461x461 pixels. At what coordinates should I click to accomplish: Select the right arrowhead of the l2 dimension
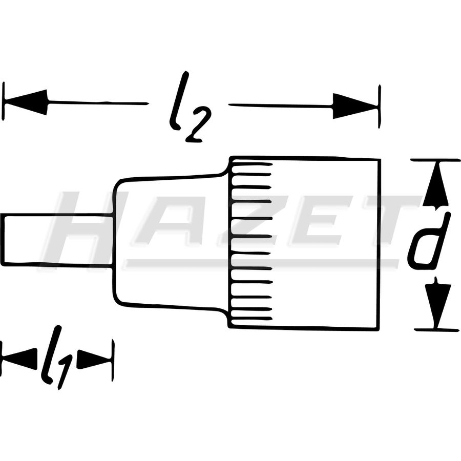click(355, 106)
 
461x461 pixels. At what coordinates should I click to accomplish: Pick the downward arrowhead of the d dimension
click(438, 303)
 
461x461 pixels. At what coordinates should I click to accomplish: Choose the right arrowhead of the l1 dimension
click(94, 359)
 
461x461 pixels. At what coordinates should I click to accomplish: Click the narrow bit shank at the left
click(57, 240)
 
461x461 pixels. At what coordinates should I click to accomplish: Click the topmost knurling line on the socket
click(252, 164)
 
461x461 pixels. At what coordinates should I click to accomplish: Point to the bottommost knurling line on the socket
click(252, 319)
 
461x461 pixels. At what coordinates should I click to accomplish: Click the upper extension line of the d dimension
click(435, 160)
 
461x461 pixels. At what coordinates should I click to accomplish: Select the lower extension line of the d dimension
click(437, 330)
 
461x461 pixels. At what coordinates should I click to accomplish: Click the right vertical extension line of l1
click(113, 360)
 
